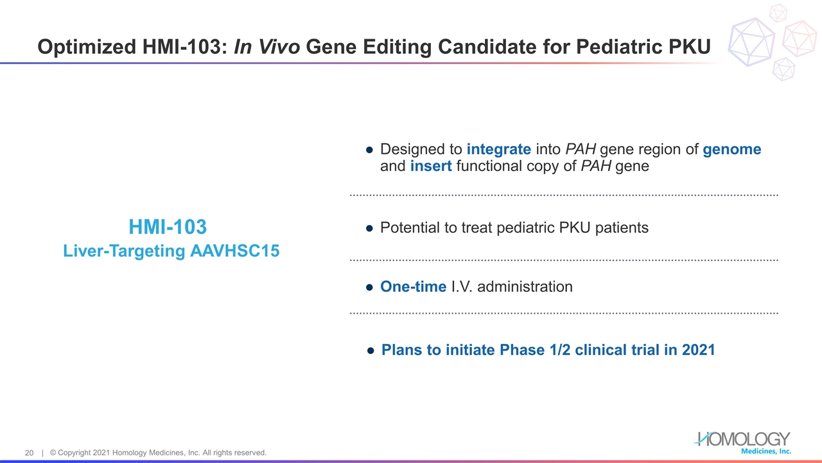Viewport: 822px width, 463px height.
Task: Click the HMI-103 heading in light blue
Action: coord(168,227)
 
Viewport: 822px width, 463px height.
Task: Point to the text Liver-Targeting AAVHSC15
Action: coord(171,251)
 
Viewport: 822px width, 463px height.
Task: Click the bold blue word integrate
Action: coord(498,149)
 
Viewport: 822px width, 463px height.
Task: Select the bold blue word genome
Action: coord(731,149)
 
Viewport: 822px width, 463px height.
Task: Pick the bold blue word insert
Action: coord(431,166)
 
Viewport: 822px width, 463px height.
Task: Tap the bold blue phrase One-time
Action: coord(413,287)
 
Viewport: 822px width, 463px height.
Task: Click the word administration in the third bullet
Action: coord(525,287)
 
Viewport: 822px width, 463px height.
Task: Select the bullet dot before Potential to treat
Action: coord(369,228)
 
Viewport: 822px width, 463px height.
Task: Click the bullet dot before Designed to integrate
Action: coord(369,150)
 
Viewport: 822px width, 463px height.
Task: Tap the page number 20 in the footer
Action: coord(29,453)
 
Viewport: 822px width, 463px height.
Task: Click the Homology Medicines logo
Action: coord(742,442)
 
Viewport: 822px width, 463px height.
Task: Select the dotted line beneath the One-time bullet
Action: coord(563,313)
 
